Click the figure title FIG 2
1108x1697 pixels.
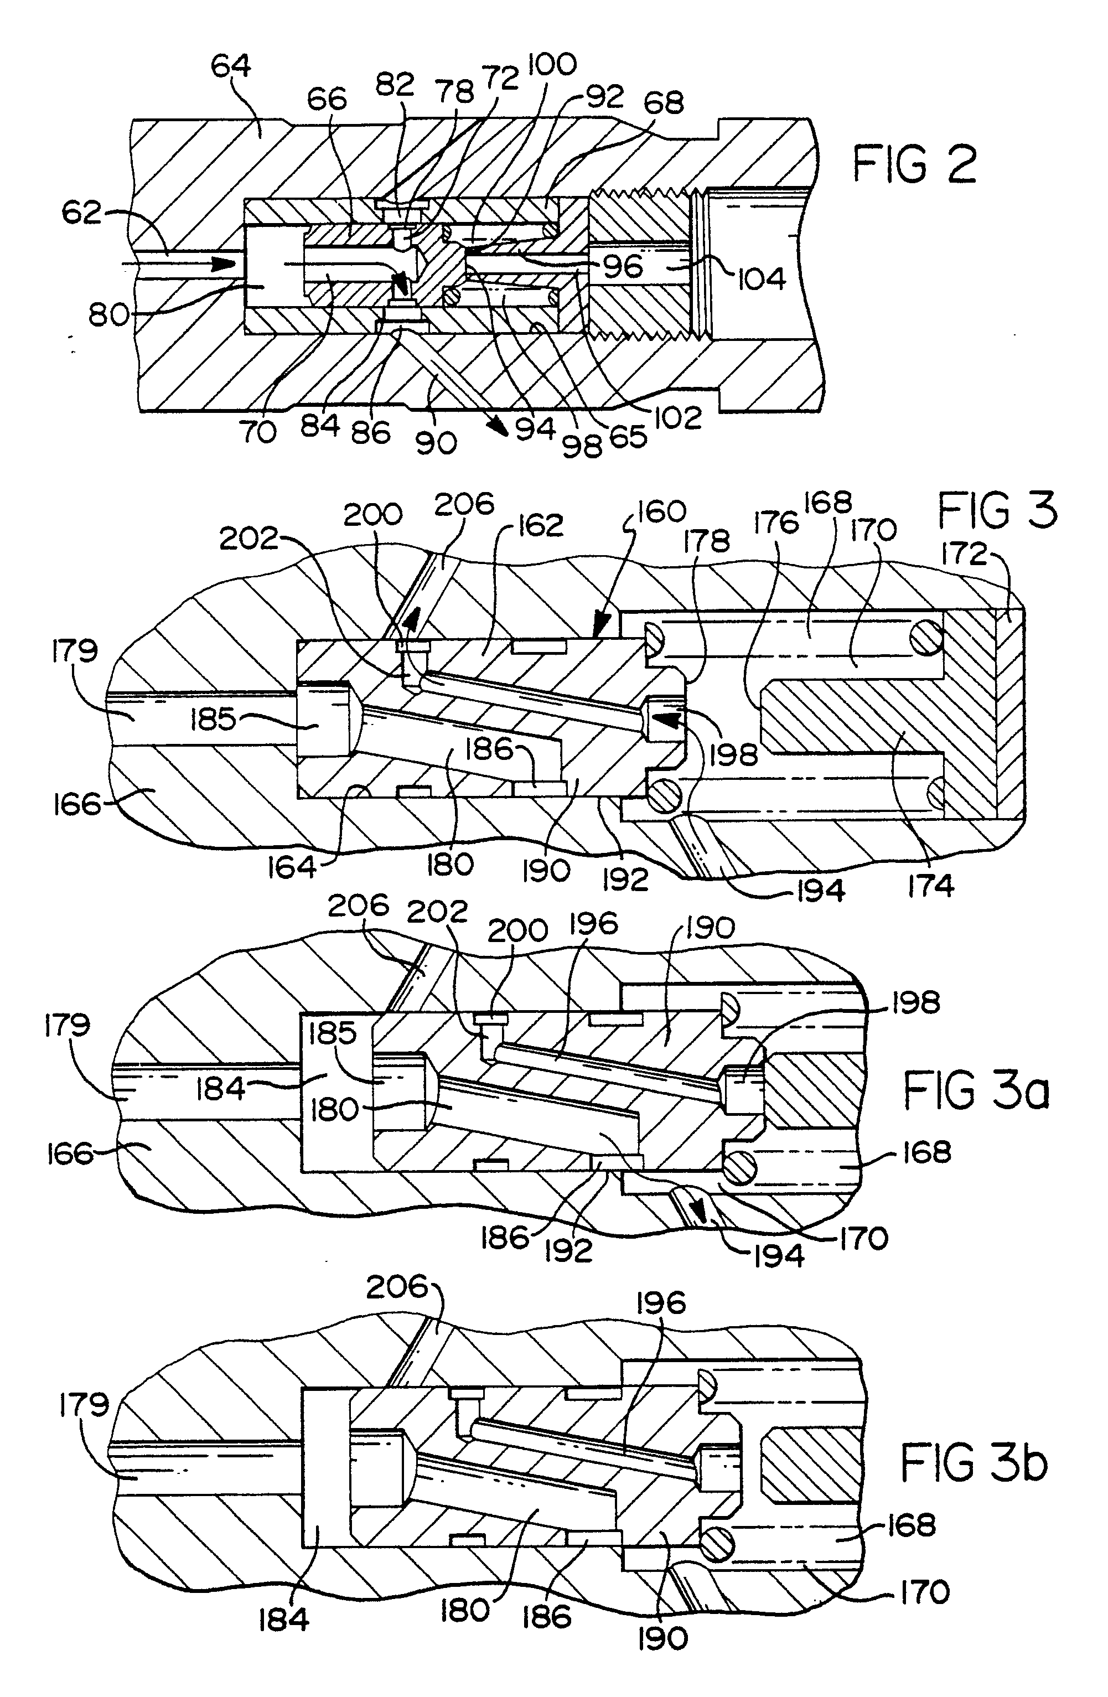point(915,165)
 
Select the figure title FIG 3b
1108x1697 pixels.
point(975,1464)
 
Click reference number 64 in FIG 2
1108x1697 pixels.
point(231,66)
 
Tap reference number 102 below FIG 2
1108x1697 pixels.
point(677,417)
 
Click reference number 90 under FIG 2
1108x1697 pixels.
point(436,443)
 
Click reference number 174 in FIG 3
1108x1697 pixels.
point(930,886)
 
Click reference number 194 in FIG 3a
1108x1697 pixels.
point(779,1254)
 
